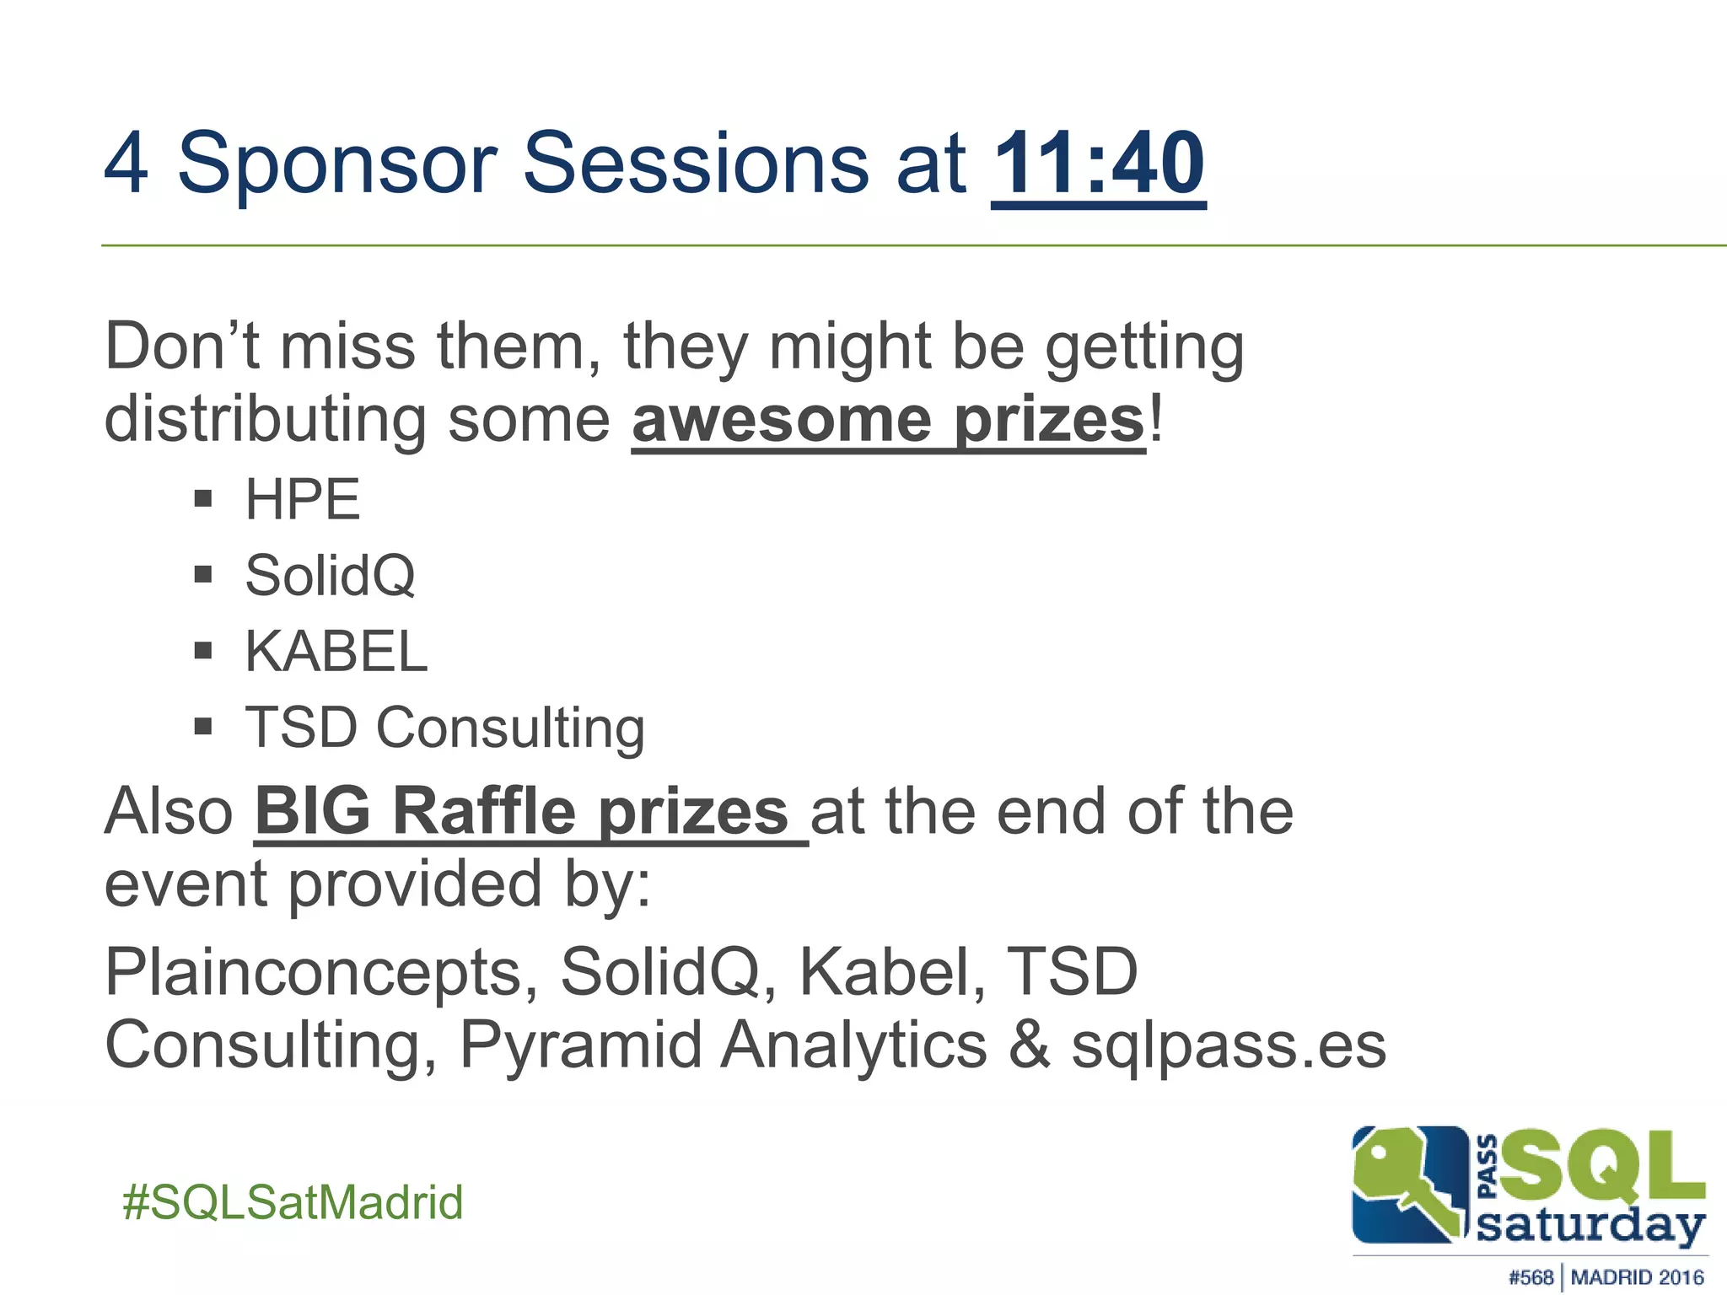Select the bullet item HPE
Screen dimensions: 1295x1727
pos(302,499)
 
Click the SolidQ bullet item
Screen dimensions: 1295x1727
pos(330,575)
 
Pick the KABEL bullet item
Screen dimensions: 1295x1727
pos(336,651)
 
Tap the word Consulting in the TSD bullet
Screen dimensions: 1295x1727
pos(510,727)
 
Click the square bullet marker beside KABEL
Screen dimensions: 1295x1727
pos(202,651)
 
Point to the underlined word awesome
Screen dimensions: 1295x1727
pos(781,419)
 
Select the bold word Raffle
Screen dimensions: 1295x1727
pos(484,811)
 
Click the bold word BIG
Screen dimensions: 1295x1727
pos(312,811)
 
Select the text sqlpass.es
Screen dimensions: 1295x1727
pos(1228,1045)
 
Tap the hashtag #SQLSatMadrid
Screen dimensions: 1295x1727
pos(293,1201)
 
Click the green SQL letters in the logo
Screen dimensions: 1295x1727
pos(1602,1168)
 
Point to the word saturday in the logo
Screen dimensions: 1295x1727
pos(1590,1224)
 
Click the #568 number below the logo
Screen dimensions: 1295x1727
pos(1531,1277)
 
